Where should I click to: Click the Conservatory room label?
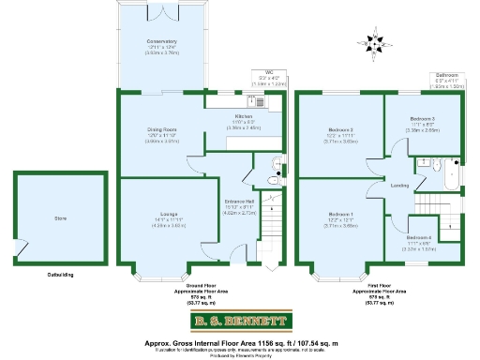[161, 42]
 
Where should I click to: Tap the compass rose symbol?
[374, 45]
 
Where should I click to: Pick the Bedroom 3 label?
[422, 118]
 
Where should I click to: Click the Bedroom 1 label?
[340, 215]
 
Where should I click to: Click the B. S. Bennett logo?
[239, 324]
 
